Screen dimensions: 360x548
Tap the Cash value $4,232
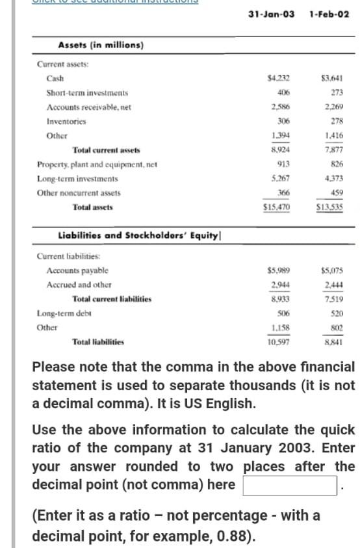279,79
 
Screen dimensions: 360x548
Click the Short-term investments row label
87,93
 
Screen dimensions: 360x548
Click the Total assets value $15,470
276,207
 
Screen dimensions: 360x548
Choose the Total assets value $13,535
329,207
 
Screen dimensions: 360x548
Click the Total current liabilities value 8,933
280,299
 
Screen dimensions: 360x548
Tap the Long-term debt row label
64,313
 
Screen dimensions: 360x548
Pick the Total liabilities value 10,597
279,341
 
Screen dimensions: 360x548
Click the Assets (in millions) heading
101,45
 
